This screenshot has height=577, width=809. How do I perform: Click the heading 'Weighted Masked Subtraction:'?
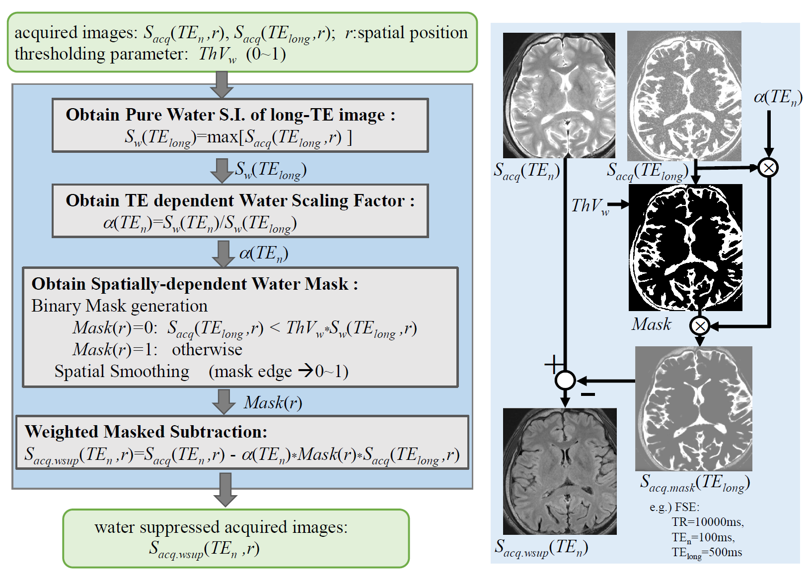pos(146,432)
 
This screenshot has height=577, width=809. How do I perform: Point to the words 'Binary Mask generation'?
pos(119,306)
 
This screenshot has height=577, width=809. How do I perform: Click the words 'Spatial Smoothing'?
pos(122,371)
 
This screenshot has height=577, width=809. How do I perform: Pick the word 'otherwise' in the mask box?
pos(207,349)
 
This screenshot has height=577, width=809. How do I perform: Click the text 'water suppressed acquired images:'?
pos(221,527)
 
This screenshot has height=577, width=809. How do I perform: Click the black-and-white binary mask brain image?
pos(685,247)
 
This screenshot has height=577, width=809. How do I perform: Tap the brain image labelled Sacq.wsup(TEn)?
pos(560,471)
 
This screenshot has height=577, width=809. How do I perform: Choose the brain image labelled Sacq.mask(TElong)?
pos(693,408)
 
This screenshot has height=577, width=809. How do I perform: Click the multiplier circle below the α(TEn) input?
pos(768,168)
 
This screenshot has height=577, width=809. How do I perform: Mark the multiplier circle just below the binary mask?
pos(700,326)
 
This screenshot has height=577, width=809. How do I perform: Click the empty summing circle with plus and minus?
pos(565,381)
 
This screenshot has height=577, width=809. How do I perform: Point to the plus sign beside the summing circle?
pos(553,365)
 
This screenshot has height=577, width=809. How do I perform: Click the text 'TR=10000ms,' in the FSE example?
pos(708,522)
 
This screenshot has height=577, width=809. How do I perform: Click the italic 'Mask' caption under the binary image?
pos(651,324)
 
